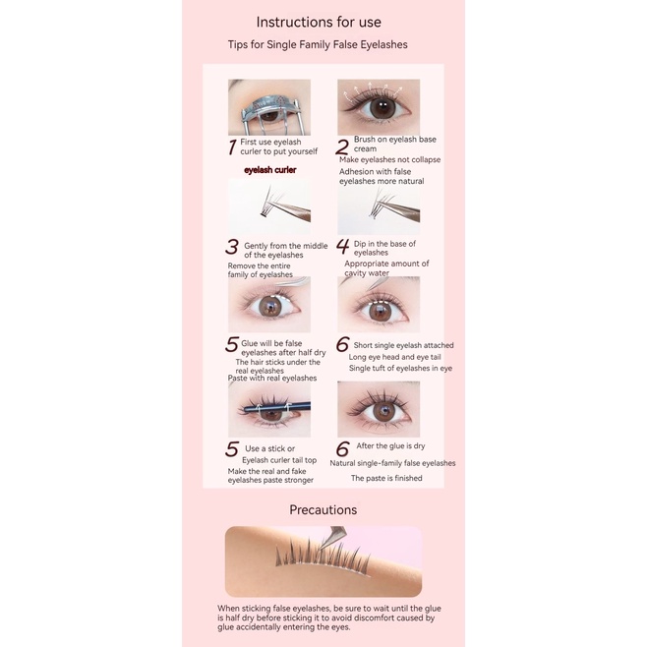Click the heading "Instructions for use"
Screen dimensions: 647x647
coord(318,22)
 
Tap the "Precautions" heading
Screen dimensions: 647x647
coord(323,509)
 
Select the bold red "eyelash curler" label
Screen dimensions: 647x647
coord(269,169)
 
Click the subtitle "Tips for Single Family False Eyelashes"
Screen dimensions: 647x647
coord(317,44)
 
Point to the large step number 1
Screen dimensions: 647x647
coord(232,147)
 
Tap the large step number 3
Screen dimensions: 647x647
coord(233,247)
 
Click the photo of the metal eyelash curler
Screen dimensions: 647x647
coord(268,106)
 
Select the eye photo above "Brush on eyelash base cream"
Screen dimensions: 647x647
coord(379,106)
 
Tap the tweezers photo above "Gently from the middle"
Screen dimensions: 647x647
coord(269,205)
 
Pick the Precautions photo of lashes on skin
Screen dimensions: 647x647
coord(323,561)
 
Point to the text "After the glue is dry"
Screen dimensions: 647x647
coord(390,446)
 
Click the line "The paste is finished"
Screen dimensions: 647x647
coord(386,478)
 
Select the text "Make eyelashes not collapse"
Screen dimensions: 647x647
coord(389,159)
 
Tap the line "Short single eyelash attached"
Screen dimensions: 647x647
coord(403,345)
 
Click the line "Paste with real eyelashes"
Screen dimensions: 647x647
coord(272,378)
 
